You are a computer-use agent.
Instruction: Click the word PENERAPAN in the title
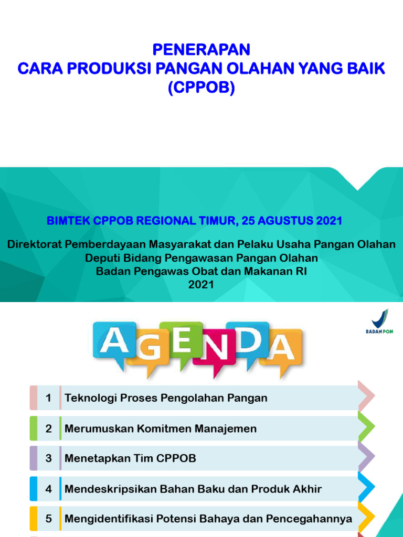[x=201, y=50]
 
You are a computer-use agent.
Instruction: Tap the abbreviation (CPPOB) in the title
[x=201, y=88]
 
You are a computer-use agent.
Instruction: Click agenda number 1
[x=48, y=398]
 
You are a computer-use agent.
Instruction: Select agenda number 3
[x=48, y=458]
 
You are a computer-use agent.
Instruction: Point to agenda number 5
[x=48, y=519]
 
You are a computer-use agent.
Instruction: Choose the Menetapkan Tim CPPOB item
[x=130, y=458]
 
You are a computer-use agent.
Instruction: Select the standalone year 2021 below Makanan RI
[x=201, y=284]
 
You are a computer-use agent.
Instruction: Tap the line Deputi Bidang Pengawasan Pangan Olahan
[x=201, y=258]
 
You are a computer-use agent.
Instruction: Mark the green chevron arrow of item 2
[x=366, y=426]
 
